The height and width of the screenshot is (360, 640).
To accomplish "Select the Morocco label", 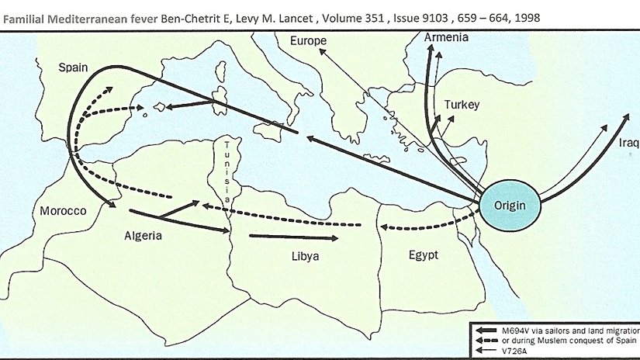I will click(62, 210).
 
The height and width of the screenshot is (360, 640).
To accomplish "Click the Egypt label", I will click(424, 254).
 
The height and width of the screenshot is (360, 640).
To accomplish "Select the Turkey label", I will click(462, 105).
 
